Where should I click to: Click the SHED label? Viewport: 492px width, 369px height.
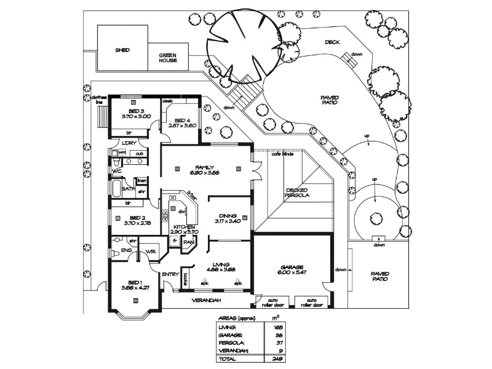122,50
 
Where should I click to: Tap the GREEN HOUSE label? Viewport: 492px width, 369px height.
168,57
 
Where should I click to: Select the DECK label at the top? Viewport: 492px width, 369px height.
333,42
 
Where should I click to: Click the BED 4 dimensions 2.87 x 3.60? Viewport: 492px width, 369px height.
181,125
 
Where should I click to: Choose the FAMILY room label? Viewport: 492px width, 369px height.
205,167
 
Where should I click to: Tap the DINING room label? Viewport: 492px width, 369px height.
227,215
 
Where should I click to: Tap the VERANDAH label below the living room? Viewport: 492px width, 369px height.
206,300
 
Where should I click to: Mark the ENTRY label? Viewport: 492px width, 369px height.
170,274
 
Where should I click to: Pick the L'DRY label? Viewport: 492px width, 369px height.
129,144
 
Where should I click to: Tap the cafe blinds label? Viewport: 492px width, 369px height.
282,154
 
